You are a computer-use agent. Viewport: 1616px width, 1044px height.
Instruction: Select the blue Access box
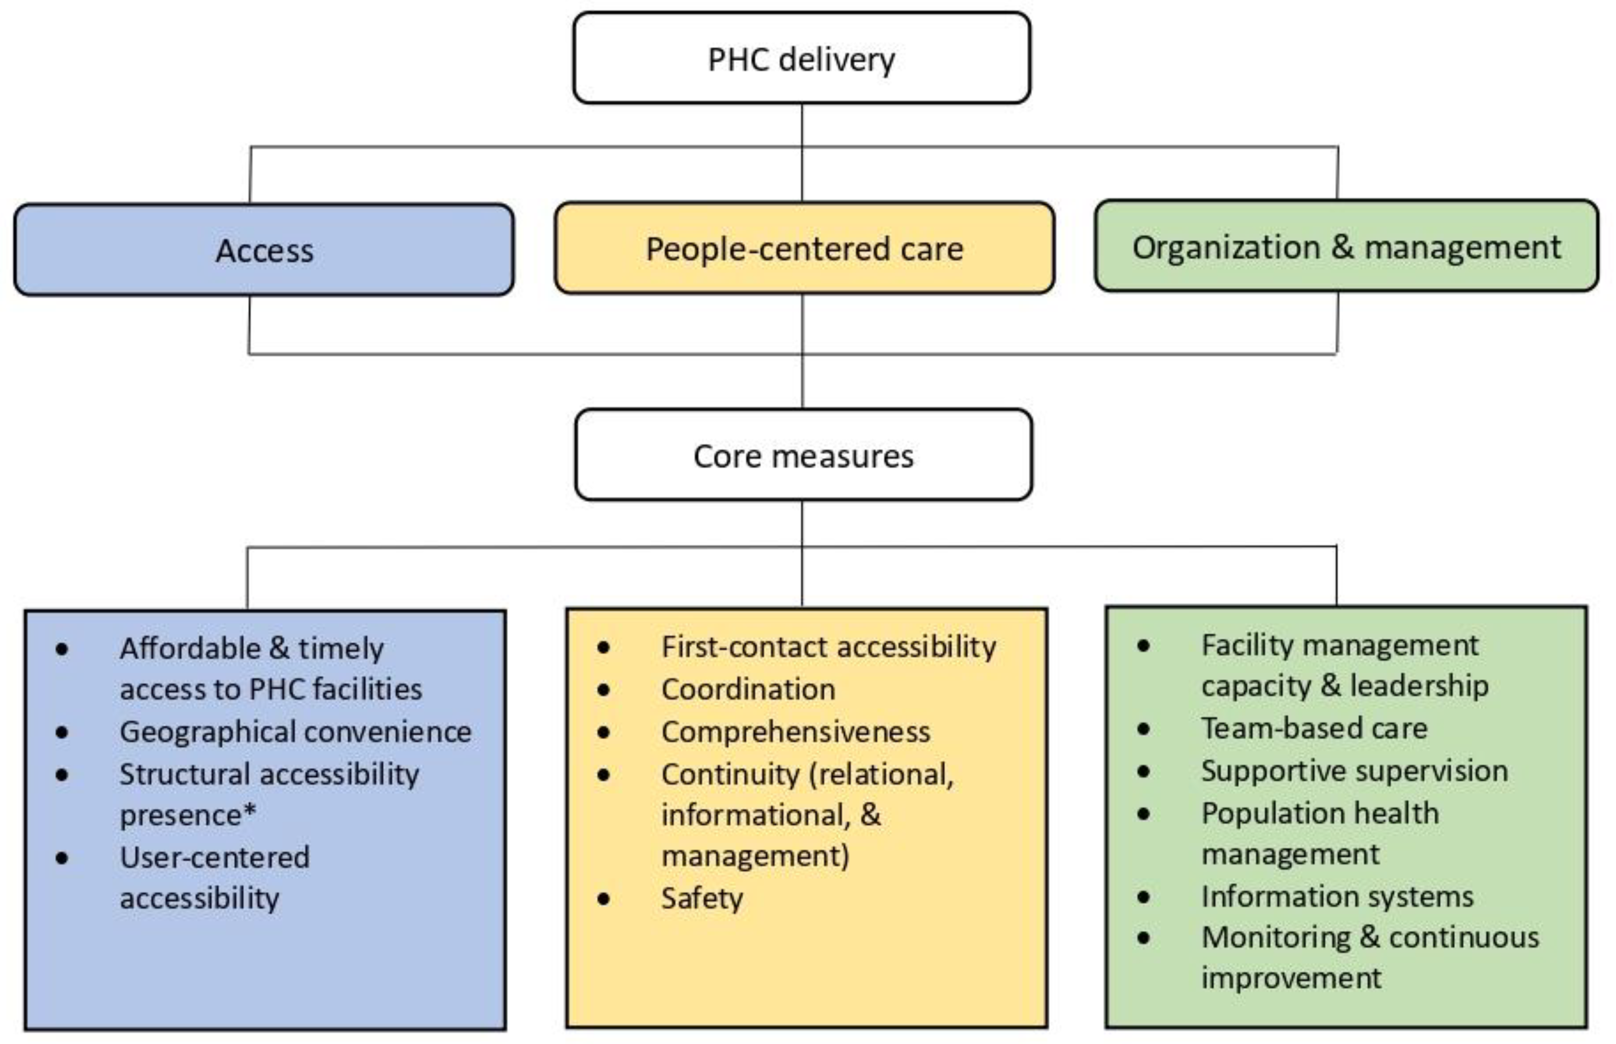(x=264, y=250)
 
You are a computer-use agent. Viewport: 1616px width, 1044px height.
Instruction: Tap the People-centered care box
(x=804, y=249)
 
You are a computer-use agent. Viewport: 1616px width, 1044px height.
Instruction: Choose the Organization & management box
(x=1345, y=247)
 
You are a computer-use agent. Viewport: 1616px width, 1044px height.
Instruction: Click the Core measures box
(x=803, y=456)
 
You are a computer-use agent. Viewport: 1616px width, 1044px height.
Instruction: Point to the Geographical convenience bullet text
(x=295, y=731)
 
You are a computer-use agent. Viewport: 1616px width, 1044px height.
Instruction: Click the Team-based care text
(x=1313, y=729)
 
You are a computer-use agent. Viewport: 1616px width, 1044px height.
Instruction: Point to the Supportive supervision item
(x=1354, y=771)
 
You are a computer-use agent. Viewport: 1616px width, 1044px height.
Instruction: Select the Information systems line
(x=1337, y=896)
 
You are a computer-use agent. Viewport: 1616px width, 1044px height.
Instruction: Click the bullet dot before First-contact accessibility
(x=603, y=647)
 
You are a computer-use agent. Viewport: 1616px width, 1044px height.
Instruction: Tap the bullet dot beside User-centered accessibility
(x=62, y=858)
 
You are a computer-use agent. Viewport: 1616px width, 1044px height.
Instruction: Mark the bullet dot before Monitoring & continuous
(x=1143, y=938)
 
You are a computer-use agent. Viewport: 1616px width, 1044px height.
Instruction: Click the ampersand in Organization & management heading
(x=1342, y=247)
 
